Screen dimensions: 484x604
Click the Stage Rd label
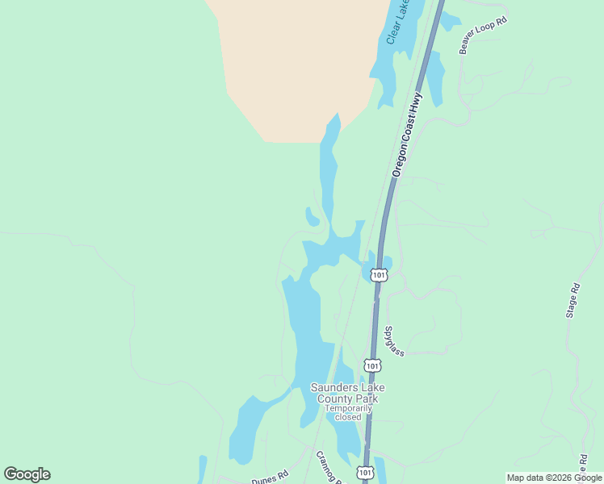pyautogui.click(x=573, y=299)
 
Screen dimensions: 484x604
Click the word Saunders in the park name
pyautogui.click(x=331, y=387)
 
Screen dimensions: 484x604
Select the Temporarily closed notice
pyautogui.click(x=348, y=412)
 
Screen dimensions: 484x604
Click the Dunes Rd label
pyautogui.click(x=269, y=478)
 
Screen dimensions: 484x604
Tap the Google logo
pyautogui.click(x=27, y=474)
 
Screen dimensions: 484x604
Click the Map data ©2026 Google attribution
pyautogui.click(x=554, y=478)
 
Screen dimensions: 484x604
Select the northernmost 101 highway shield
pyautogui.click(x=380, y=275)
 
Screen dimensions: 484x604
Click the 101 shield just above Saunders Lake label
pyautogui.click(x=371, y=365)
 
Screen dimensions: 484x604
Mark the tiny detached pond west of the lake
pyautogui.click(x=312, y=216)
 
